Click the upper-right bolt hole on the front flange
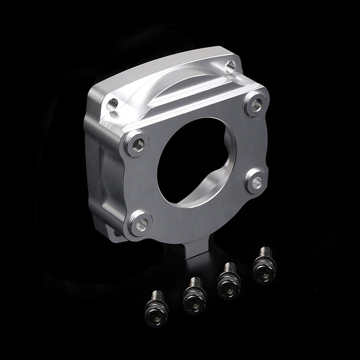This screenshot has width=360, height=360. [x=254, y=105]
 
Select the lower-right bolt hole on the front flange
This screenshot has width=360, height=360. [x=255, y=181]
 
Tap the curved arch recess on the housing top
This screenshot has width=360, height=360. [x=170, y=93]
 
